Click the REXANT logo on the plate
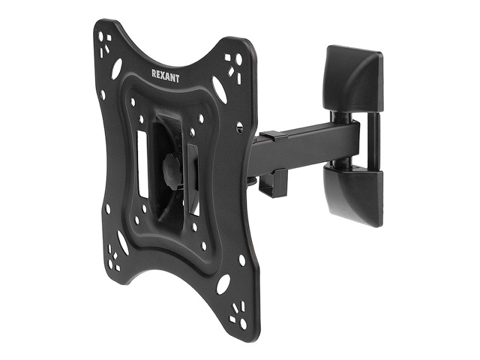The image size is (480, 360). point(165,76)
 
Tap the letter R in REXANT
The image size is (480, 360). point(154,73)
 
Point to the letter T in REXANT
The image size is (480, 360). point(177,78)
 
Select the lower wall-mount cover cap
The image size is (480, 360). point(353,195)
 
